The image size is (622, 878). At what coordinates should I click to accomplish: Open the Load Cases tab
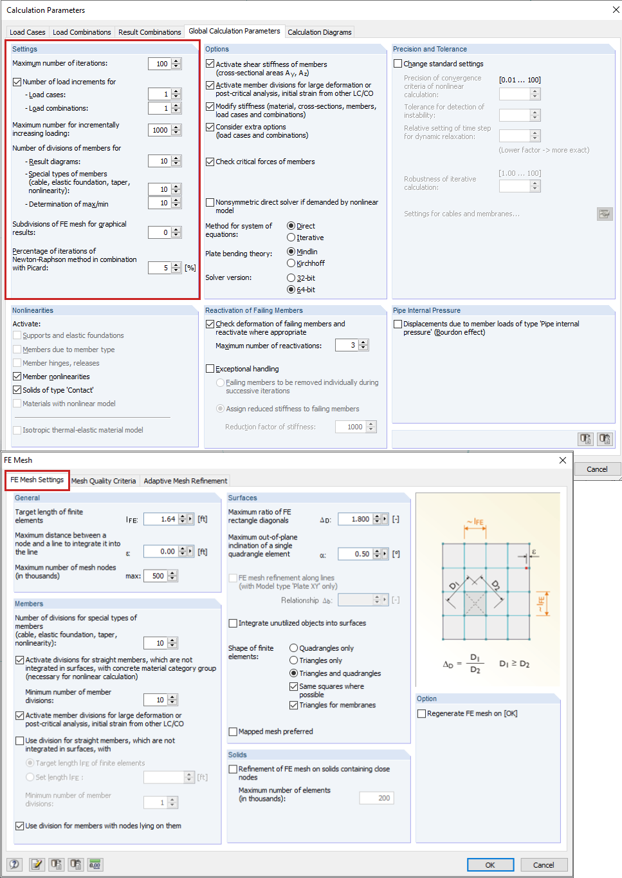pyautogui.click(x=28, y=32)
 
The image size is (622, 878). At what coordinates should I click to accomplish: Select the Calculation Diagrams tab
pyautogui.click(x=320, y=32)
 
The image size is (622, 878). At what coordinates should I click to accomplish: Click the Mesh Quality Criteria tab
pyautogui.click(x=104, y=481)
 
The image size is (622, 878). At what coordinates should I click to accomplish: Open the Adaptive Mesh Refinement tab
pyautogui.click(x=185, y=481)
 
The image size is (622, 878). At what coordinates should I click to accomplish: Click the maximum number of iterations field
pyautogui.click(x=160, y=64)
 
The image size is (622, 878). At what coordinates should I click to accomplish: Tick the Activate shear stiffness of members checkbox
pyautogui.click(x=210, y=64)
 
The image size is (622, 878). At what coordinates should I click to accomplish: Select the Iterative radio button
pyautogui.click(x=291, y=238)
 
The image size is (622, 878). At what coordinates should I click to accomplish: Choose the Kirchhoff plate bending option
pyautogui.click(x=291, y=263)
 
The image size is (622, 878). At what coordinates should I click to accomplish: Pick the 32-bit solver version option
pyautogui.click(x=291, y=278)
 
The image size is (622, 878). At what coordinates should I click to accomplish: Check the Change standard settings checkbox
pyautogui.click(x=398, y=64)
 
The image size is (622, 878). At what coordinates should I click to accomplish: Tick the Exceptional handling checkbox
pyautogui.click(x=210, y=369)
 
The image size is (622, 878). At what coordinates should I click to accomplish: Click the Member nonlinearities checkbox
pyautogui.click(x=17, y=377)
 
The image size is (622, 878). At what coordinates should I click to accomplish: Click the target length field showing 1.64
pyautogui.click(x=160, y=519)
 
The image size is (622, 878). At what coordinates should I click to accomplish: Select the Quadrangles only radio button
pyautogui.click(x=293, y=648)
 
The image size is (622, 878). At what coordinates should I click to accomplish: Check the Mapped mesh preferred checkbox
pyautogui.click(x=233, y=731)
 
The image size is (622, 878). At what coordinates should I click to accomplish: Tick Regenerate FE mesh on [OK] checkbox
pyautogui.click(x=421, y=713)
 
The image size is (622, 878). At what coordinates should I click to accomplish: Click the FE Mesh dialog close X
pyautogui.click(x=563, y=460)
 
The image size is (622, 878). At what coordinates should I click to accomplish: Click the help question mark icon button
pyautogui.click(x=14, y=864)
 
